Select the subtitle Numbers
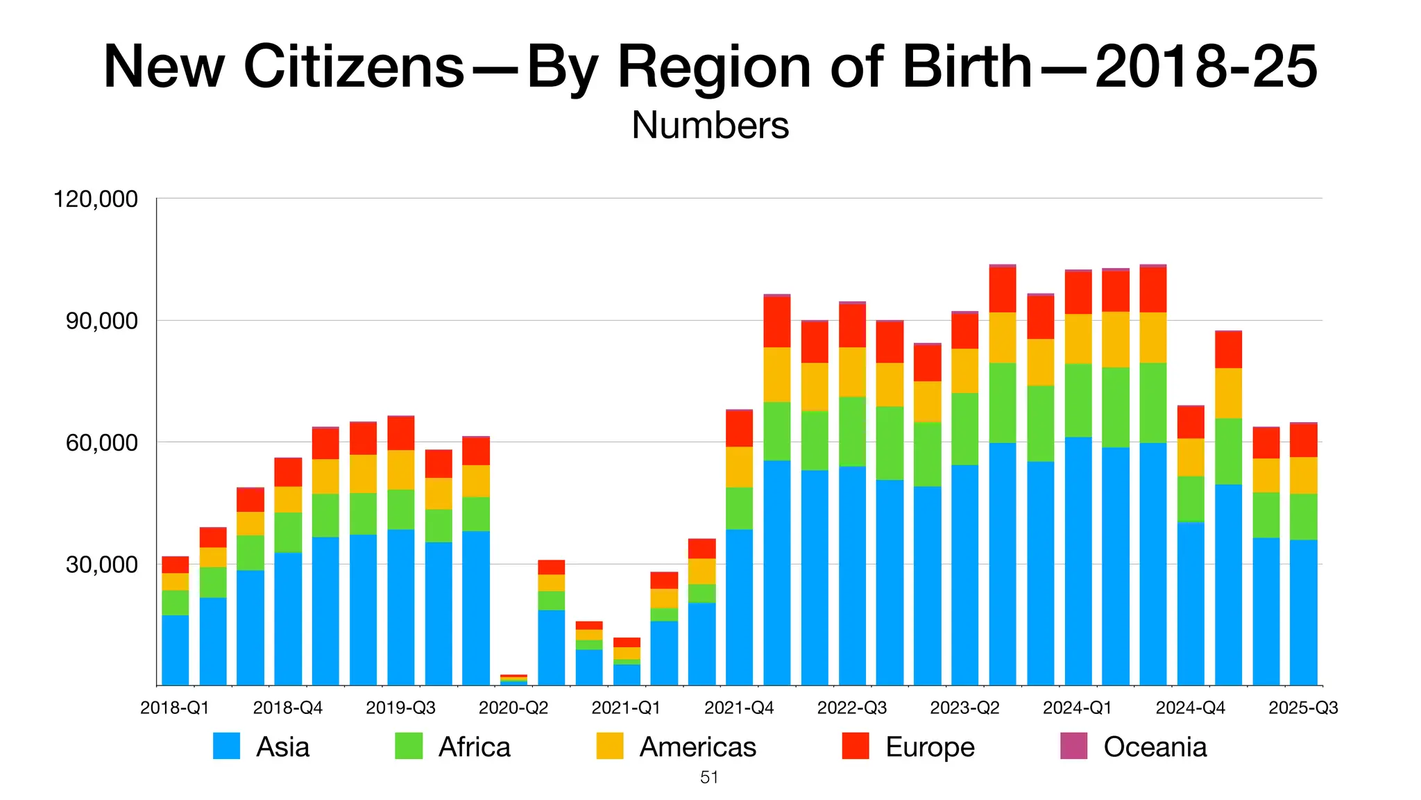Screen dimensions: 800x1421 coord(710,126)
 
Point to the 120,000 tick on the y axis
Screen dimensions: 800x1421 coord(96,199)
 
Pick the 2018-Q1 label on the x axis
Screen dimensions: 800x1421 coord(175,708)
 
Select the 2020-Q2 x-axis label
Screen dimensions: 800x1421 coord(513,708)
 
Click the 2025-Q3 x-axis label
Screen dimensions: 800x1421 coord(1303,708)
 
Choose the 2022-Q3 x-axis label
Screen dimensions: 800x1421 coord(852,708)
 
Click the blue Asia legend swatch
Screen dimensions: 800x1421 coord(226,746)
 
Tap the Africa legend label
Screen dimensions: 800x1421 coord(474,747)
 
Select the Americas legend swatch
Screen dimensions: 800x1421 coord(609,746)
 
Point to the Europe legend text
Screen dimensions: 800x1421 coord(930,747)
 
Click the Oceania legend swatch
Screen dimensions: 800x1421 coord(1073,746)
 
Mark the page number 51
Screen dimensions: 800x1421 coord(709,778)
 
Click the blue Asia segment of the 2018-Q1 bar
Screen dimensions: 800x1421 coord(175,650)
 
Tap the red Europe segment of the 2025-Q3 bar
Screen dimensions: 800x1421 coord(1303,440)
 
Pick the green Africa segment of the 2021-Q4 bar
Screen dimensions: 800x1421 coord(739,508)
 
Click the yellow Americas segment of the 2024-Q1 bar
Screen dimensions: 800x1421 coord(1078,339)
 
